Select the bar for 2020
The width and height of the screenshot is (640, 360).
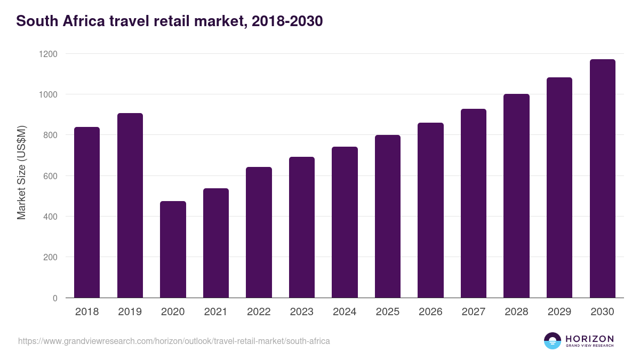click(x=173, y=249)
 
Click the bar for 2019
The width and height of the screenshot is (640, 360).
click(x=130, y=205)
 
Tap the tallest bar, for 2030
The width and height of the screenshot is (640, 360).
click(x=602, y=178)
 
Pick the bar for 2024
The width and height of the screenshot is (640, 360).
click(x=345, y=222)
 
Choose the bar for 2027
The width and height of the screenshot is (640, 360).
click(x=474, y=203)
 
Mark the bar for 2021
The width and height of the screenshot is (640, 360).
click(x=216, y=243)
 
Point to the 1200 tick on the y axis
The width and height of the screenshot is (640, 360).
click(x=49, y=54)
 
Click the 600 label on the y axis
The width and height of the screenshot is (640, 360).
click(x=51, y=176)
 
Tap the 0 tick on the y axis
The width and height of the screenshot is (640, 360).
click(x=55, y=298)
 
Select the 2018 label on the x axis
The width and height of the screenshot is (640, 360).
click(x=87, y=312)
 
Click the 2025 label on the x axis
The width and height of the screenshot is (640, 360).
click(x=388, y=312)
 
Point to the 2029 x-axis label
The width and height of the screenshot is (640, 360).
click(x=559, y=312)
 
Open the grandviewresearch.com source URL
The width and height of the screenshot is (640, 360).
click(x=174, y=341)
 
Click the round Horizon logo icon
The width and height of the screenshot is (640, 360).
click(x=553, y=341)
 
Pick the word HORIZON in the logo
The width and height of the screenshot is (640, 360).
click(x=589, y=338)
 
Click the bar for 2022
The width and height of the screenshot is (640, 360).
click(x=259, y=232)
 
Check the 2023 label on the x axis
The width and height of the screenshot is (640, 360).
click(x=302, y=312)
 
